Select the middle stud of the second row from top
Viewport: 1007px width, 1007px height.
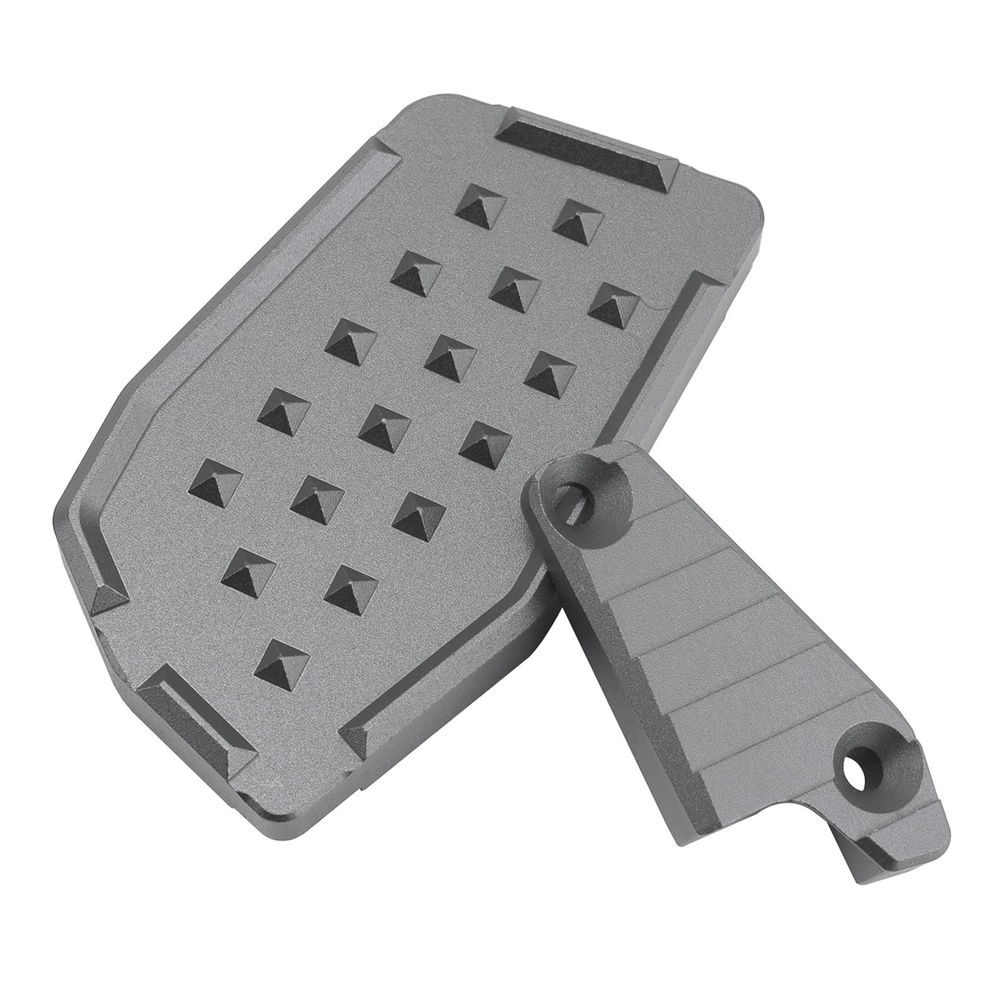(x=512, y=289)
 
